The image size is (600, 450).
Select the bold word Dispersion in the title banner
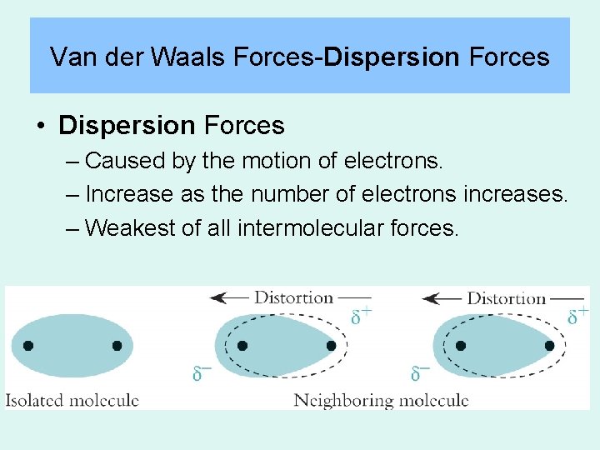click(x=392, y=57)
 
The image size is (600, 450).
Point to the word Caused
click(x=122, y=160)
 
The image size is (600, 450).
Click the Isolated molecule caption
click(x=72, y=400)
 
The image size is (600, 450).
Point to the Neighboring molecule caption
click(x=381, y=401)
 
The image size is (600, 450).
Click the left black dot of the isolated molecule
click(x=28, y=345)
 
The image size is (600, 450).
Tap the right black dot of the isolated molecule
click(x=117, y=345)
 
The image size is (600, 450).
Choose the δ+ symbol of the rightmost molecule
click(x=577, y=316)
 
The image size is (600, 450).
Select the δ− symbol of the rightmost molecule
click(x=419, y=372)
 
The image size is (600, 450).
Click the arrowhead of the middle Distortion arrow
click(x=215, y=297)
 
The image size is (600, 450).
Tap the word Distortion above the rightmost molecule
click(x=507, y=298)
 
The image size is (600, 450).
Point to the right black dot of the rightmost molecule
click(x=550, y=345)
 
